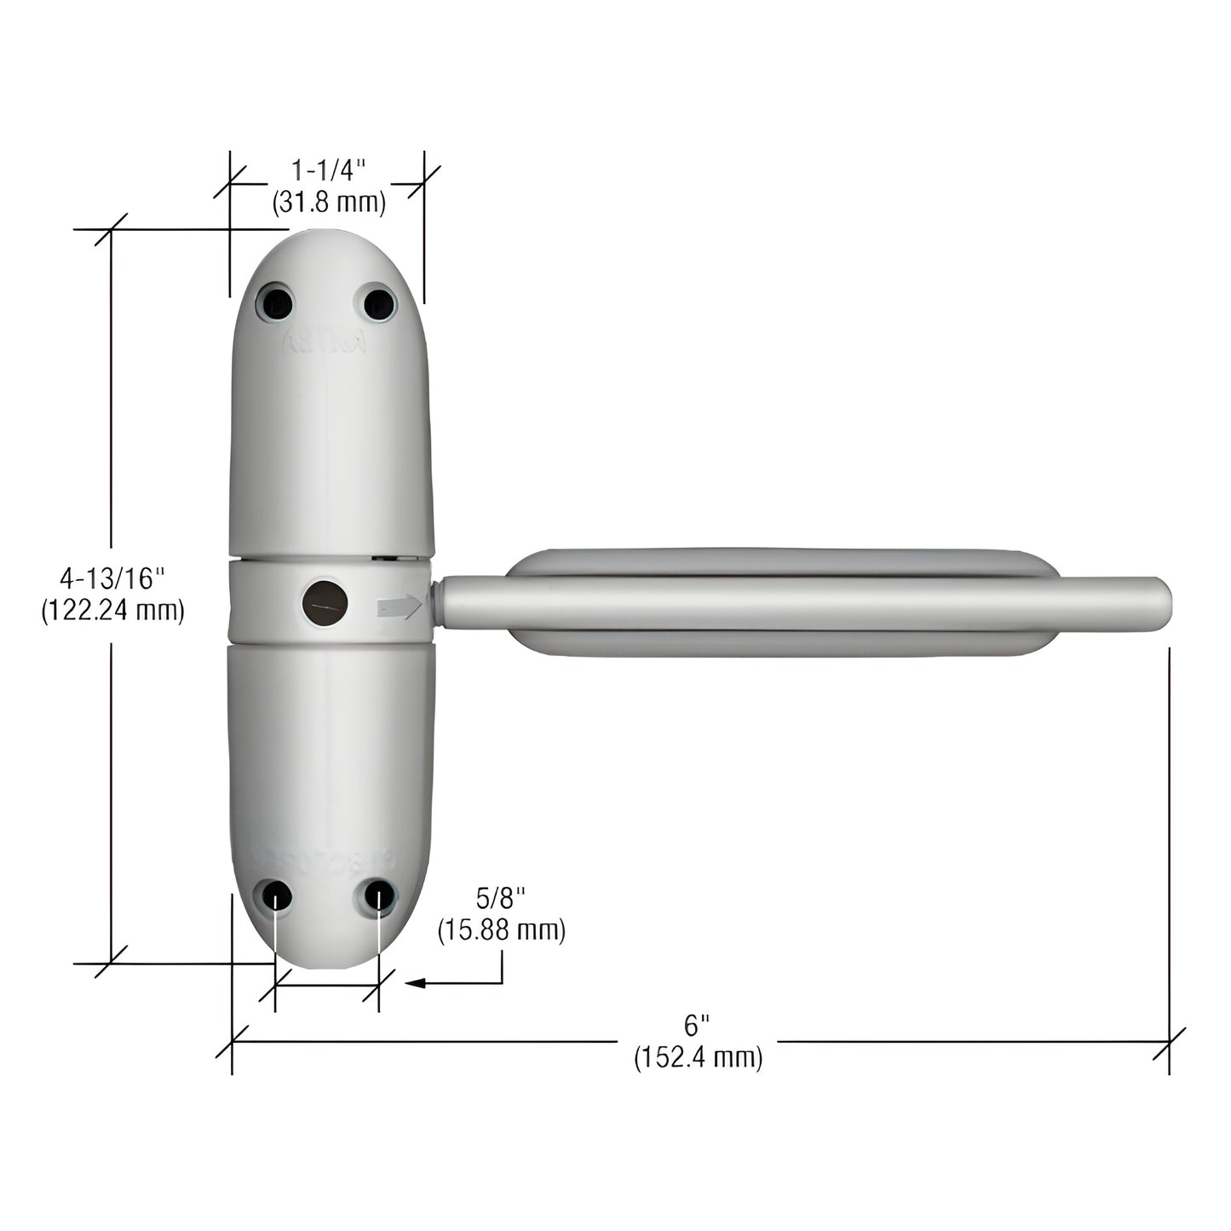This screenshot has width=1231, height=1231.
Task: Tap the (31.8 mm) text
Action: coord(329,203)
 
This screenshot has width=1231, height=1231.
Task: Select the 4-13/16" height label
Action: coord(112,578)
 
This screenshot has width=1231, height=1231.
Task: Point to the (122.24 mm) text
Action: coord(112,611)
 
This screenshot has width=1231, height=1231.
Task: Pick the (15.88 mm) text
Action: coord(501,930)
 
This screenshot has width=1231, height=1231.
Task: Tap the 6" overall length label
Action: coord(697,1023)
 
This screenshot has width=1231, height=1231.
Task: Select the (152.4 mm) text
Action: coord(698,1057)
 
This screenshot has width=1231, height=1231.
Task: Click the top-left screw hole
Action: coord(277,302)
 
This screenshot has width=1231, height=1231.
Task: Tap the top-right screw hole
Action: coord(379,302)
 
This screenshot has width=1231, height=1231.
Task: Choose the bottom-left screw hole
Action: coord(277,896)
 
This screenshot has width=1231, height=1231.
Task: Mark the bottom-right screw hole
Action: coord(380,896)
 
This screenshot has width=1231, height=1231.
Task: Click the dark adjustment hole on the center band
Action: coord(325,602)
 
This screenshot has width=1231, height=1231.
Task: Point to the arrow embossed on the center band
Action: coord(399,607)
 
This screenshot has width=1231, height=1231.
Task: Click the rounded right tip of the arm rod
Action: coord(1160,604)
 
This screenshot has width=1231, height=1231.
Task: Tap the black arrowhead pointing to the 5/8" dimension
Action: coord(415,983)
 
